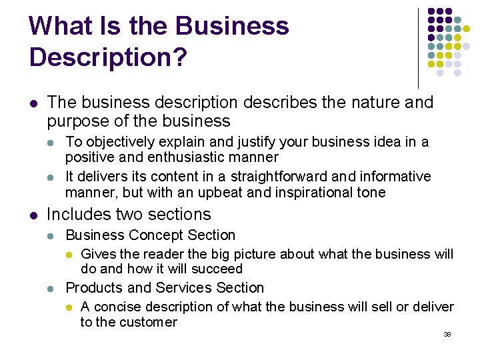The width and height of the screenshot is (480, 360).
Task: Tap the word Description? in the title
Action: coord(108,57)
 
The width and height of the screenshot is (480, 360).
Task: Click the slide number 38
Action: coord(447,334)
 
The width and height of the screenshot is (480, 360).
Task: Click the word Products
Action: coord(94,288)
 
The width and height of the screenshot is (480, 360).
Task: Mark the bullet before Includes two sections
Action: coord(33,215)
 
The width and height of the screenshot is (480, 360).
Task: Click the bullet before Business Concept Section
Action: coord(52,236)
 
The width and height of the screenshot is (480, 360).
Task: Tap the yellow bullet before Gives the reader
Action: coord(68,255)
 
